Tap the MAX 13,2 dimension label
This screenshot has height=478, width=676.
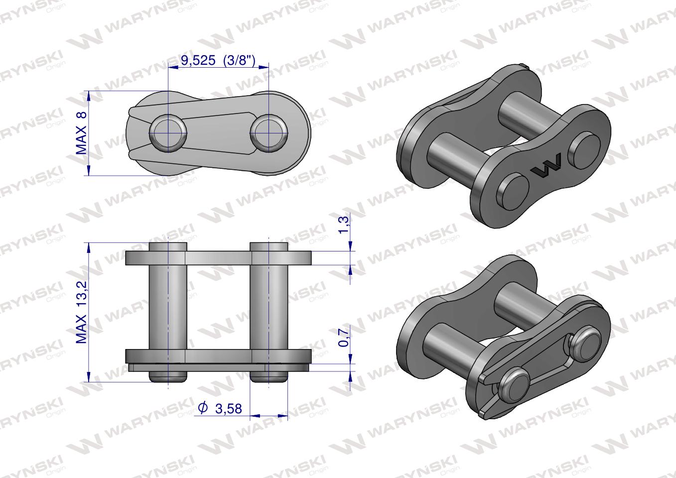coord(81,312)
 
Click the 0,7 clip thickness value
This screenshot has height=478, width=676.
coord(343,337)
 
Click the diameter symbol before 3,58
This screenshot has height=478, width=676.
coord(203,408)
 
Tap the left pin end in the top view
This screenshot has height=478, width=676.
coord(168,133)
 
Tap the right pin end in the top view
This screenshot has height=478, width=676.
coord(269,133)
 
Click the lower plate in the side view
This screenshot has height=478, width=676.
coord(219,356)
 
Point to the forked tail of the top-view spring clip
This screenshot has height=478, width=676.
coord(133,133)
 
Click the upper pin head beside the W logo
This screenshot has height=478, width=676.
coord(586,149)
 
